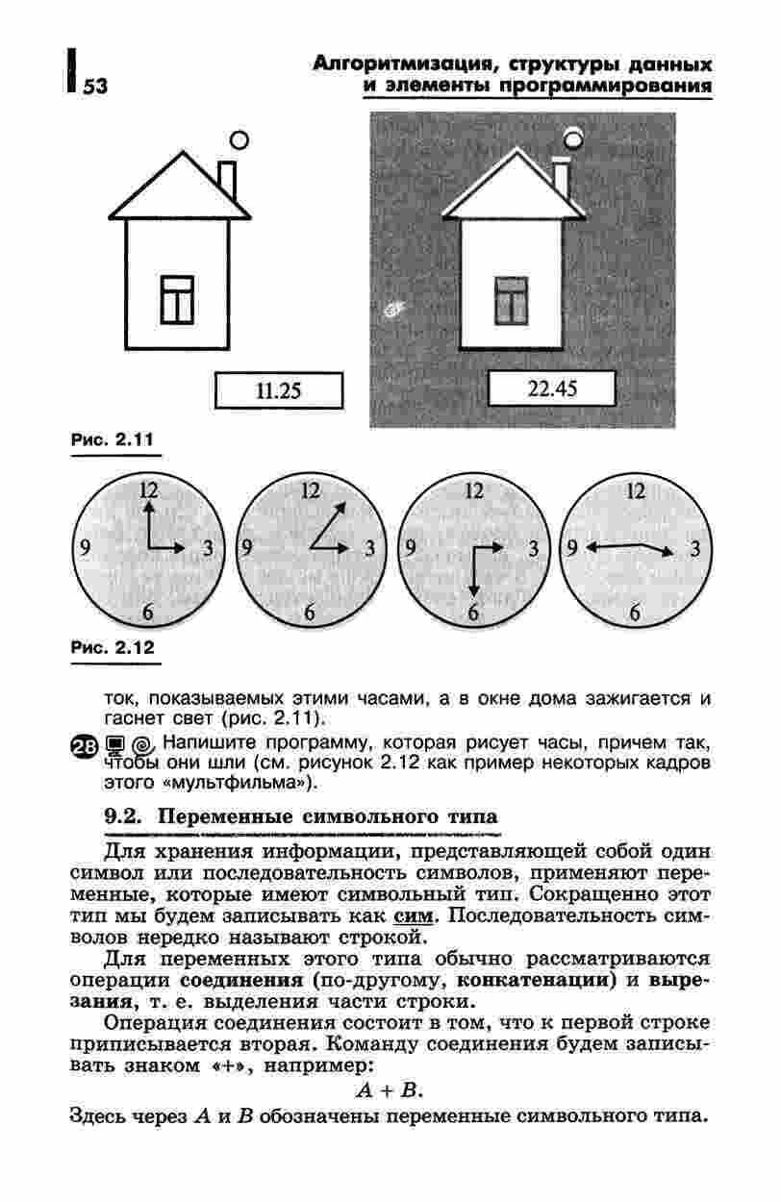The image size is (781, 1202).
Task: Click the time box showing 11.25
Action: click(x=278, y=390)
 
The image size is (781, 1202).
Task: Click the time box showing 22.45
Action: click(x=551, y=388)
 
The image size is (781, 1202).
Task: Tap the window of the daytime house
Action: click(x=178, y=299)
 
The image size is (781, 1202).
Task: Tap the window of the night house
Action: click(x=511, y=299)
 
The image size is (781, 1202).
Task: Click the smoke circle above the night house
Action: click(x=574, y=138)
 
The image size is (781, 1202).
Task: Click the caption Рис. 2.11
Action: click(x=113, y=441)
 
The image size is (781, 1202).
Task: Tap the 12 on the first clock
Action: click(x=147, y=489)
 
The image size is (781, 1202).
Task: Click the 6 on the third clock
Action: click(x=473, y=613)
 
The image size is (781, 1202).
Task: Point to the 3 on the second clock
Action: click(x=369, y=549)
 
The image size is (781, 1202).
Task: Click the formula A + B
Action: click(x=390, y=1091)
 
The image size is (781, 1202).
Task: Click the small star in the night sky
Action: click(x=393, y=310)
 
